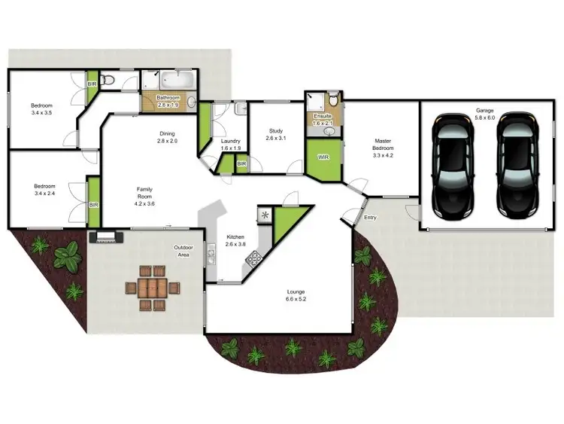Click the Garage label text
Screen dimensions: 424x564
(484, 110)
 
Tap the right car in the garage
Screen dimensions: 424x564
(518, 166)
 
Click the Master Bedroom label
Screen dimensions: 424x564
(383, 144)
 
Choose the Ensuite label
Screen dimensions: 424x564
(323, 117)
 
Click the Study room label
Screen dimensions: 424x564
(276, 131)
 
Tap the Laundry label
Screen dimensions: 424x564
(230, 142)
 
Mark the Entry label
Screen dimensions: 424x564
(370, 218)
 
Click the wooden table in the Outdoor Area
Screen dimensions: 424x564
(153, 288)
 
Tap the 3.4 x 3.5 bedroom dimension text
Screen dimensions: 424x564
(41, 112)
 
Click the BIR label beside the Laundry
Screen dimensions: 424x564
(241, 163)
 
